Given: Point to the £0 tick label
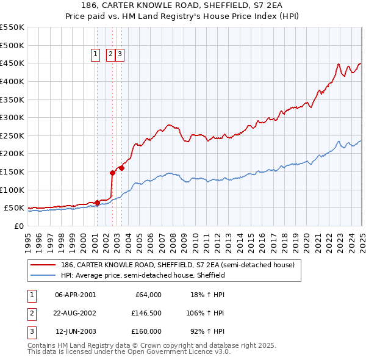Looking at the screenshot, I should coord(18,226).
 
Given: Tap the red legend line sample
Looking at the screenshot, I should coord(43,265).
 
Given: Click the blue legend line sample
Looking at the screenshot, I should coord(43,275).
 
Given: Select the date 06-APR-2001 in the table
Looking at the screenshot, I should coord(76,295).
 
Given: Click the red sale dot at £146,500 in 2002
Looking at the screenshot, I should coord(112,173).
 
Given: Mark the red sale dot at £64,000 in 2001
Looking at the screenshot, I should coord(97,203).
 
